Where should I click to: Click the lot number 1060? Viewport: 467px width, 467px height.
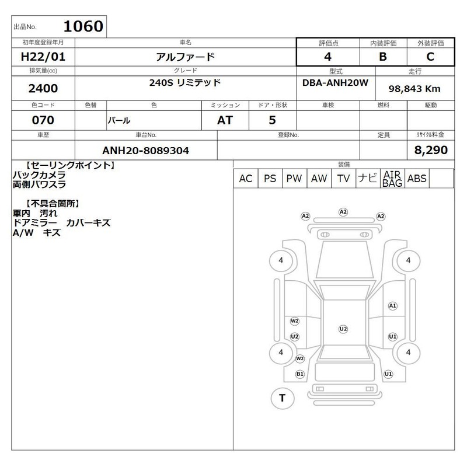click(83, 26)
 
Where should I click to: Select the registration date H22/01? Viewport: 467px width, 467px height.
click(43, 57)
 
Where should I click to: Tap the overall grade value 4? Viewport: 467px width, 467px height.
click(328, 57)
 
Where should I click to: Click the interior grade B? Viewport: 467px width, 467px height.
click(383, 57)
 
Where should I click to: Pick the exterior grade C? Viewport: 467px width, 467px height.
click(430, 57)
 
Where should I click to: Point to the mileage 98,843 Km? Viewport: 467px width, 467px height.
click(414, 89)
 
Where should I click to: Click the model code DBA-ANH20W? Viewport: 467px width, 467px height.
click(335, 82)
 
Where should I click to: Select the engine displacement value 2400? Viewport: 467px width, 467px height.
click(43, 89)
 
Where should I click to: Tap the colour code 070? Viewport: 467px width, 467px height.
click(43, 120)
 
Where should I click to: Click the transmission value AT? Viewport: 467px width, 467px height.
click(225, 120)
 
